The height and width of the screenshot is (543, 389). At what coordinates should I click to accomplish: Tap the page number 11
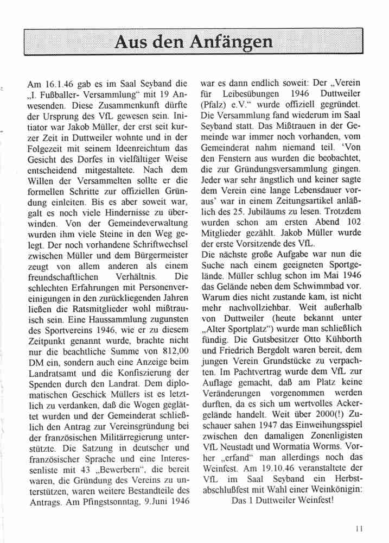(359, 527)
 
